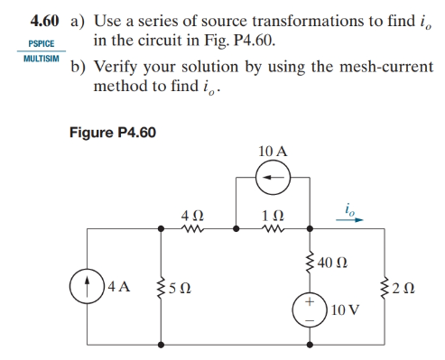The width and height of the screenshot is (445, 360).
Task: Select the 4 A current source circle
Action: coord(87,289)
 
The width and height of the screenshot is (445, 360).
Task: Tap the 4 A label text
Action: coord(118,289)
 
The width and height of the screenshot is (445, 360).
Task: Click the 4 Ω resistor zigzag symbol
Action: coord(194,230)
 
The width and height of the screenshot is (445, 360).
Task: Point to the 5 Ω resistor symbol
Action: coord(162,289)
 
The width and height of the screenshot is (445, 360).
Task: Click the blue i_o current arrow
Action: coord(349,219)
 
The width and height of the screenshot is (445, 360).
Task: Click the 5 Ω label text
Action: coord(183,289)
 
